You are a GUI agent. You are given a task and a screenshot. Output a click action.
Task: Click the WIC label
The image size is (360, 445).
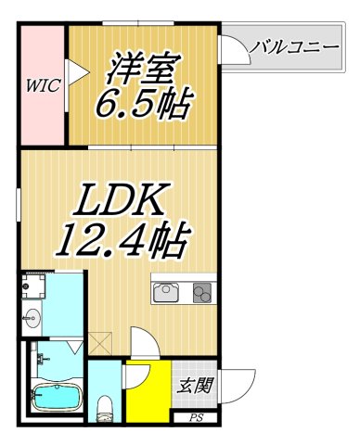42,86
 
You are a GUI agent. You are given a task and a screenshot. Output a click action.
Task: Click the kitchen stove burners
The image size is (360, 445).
202,292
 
